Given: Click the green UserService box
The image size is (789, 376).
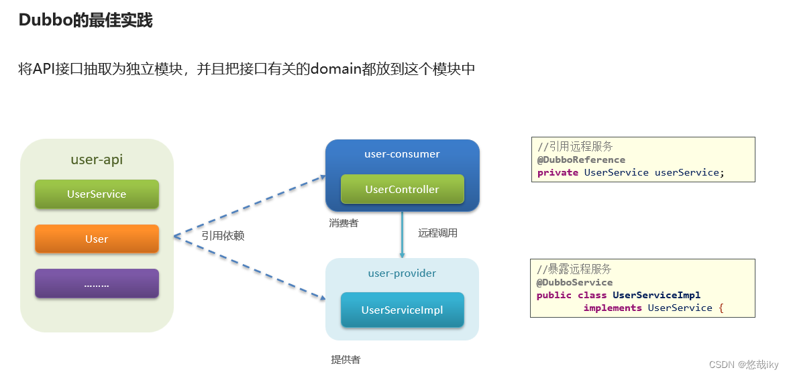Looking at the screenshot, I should (97, 194).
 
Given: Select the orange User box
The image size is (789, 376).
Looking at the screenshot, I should (97, 239).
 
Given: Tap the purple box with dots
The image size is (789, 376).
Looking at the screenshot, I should (97, 284).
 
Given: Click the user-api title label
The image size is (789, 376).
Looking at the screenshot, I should (97, 160).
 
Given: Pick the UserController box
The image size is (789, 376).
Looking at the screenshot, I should (402, 189).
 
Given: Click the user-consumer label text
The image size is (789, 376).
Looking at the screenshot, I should (402, 154).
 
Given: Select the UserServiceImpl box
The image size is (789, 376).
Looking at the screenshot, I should (402, 310).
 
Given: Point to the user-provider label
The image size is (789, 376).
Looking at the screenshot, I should (402, 273).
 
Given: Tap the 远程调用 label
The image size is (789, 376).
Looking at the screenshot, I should (437, 233).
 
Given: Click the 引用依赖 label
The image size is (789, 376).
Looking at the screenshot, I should (223, 236).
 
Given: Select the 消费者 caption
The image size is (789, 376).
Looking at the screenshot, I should (344, 223).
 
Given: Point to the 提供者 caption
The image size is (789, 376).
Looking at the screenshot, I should (346, 360).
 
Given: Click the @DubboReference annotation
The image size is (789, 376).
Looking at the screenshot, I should (581, 160).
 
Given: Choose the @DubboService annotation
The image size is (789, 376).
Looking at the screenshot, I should (574, 282).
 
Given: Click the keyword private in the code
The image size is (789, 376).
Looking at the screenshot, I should (558, 172).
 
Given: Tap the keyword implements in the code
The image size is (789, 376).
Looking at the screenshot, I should (613, 308).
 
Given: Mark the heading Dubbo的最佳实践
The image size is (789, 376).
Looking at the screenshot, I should (85, 20).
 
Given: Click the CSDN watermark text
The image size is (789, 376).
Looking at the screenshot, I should (743, 365).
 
